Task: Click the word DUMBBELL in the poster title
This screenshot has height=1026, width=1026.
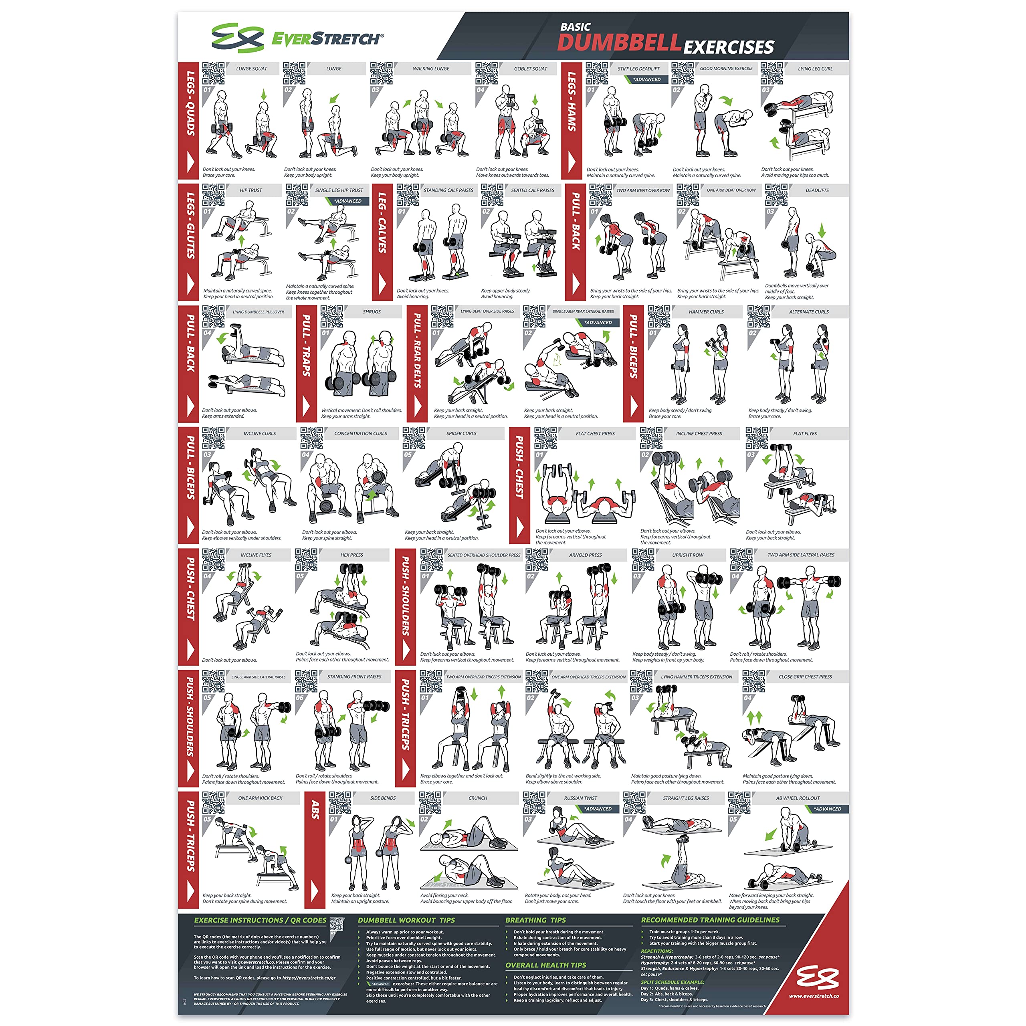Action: pyautogui.click(x=619, y=43)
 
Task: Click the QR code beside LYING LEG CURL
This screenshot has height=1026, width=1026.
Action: pyautogui.click(x=771, y=73)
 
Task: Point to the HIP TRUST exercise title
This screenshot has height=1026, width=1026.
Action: pyautogui.click(x=250, y=190)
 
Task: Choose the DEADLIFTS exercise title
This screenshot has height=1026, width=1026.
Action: pyautogui.click(x=817, y=190)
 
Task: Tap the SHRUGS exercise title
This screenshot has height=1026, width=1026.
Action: pyautogui.click(x=372, y=312)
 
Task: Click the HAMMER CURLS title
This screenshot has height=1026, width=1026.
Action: pyautogui.click(x=706, y=312)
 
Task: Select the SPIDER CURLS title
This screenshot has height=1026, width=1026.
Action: pyautogui.click(x=461, y=433)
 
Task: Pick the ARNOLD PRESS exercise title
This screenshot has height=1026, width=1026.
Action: pyautogui.click(x=585, y=555)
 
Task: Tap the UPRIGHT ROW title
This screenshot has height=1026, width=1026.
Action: pyautogui.click(x=687, y=555)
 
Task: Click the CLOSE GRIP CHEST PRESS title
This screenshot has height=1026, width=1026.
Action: pyautogui.click(x=805, y=677)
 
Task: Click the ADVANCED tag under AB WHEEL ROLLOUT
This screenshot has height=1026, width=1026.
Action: pyautogui.click(x=827, y=809)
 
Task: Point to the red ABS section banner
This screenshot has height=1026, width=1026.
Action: pyautogui.click(x=315, y=850)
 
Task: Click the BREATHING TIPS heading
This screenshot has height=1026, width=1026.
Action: pyautogui.click(x=535, y=920)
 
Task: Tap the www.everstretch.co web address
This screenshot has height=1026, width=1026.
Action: pyautogui.click(x=814, y=996)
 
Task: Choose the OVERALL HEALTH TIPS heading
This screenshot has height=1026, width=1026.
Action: pyautogui.click(x=545, y=965)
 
